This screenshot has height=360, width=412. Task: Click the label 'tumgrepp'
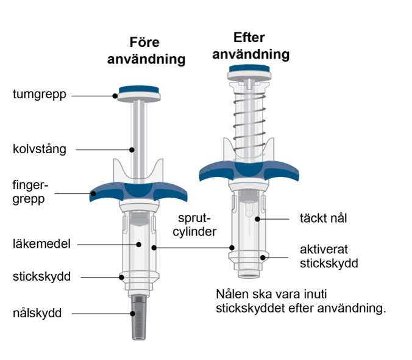40,95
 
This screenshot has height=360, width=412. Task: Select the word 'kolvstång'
40,149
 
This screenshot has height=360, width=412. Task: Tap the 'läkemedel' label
41,244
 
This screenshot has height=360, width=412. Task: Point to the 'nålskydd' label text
37,313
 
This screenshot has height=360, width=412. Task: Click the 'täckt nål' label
323,218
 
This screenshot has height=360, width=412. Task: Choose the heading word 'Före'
144,42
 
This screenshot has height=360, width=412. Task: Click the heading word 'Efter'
249,37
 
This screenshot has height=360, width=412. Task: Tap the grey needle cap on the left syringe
139,317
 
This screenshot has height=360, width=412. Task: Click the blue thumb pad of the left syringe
139,90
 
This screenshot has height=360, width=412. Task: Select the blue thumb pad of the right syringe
249,68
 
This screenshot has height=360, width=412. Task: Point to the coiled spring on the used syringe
249,124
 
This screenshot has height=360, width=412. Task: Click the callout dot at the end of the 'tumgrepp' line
115,96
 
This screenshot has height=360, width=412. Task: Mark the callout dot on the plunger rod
132,150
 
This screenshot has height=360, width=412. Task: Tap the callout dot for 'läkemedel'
139,245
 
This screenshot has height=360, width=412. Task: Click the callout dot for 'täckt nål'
257,219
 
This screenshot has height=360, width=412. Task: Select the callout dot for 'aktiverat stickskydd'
263,257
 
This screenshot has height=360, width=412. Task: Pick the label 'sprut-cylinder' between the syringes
194,225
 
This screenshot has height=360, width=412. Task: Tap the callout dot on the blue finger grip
93,194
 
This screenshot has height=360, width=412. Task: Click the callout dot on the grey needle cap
133,314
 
